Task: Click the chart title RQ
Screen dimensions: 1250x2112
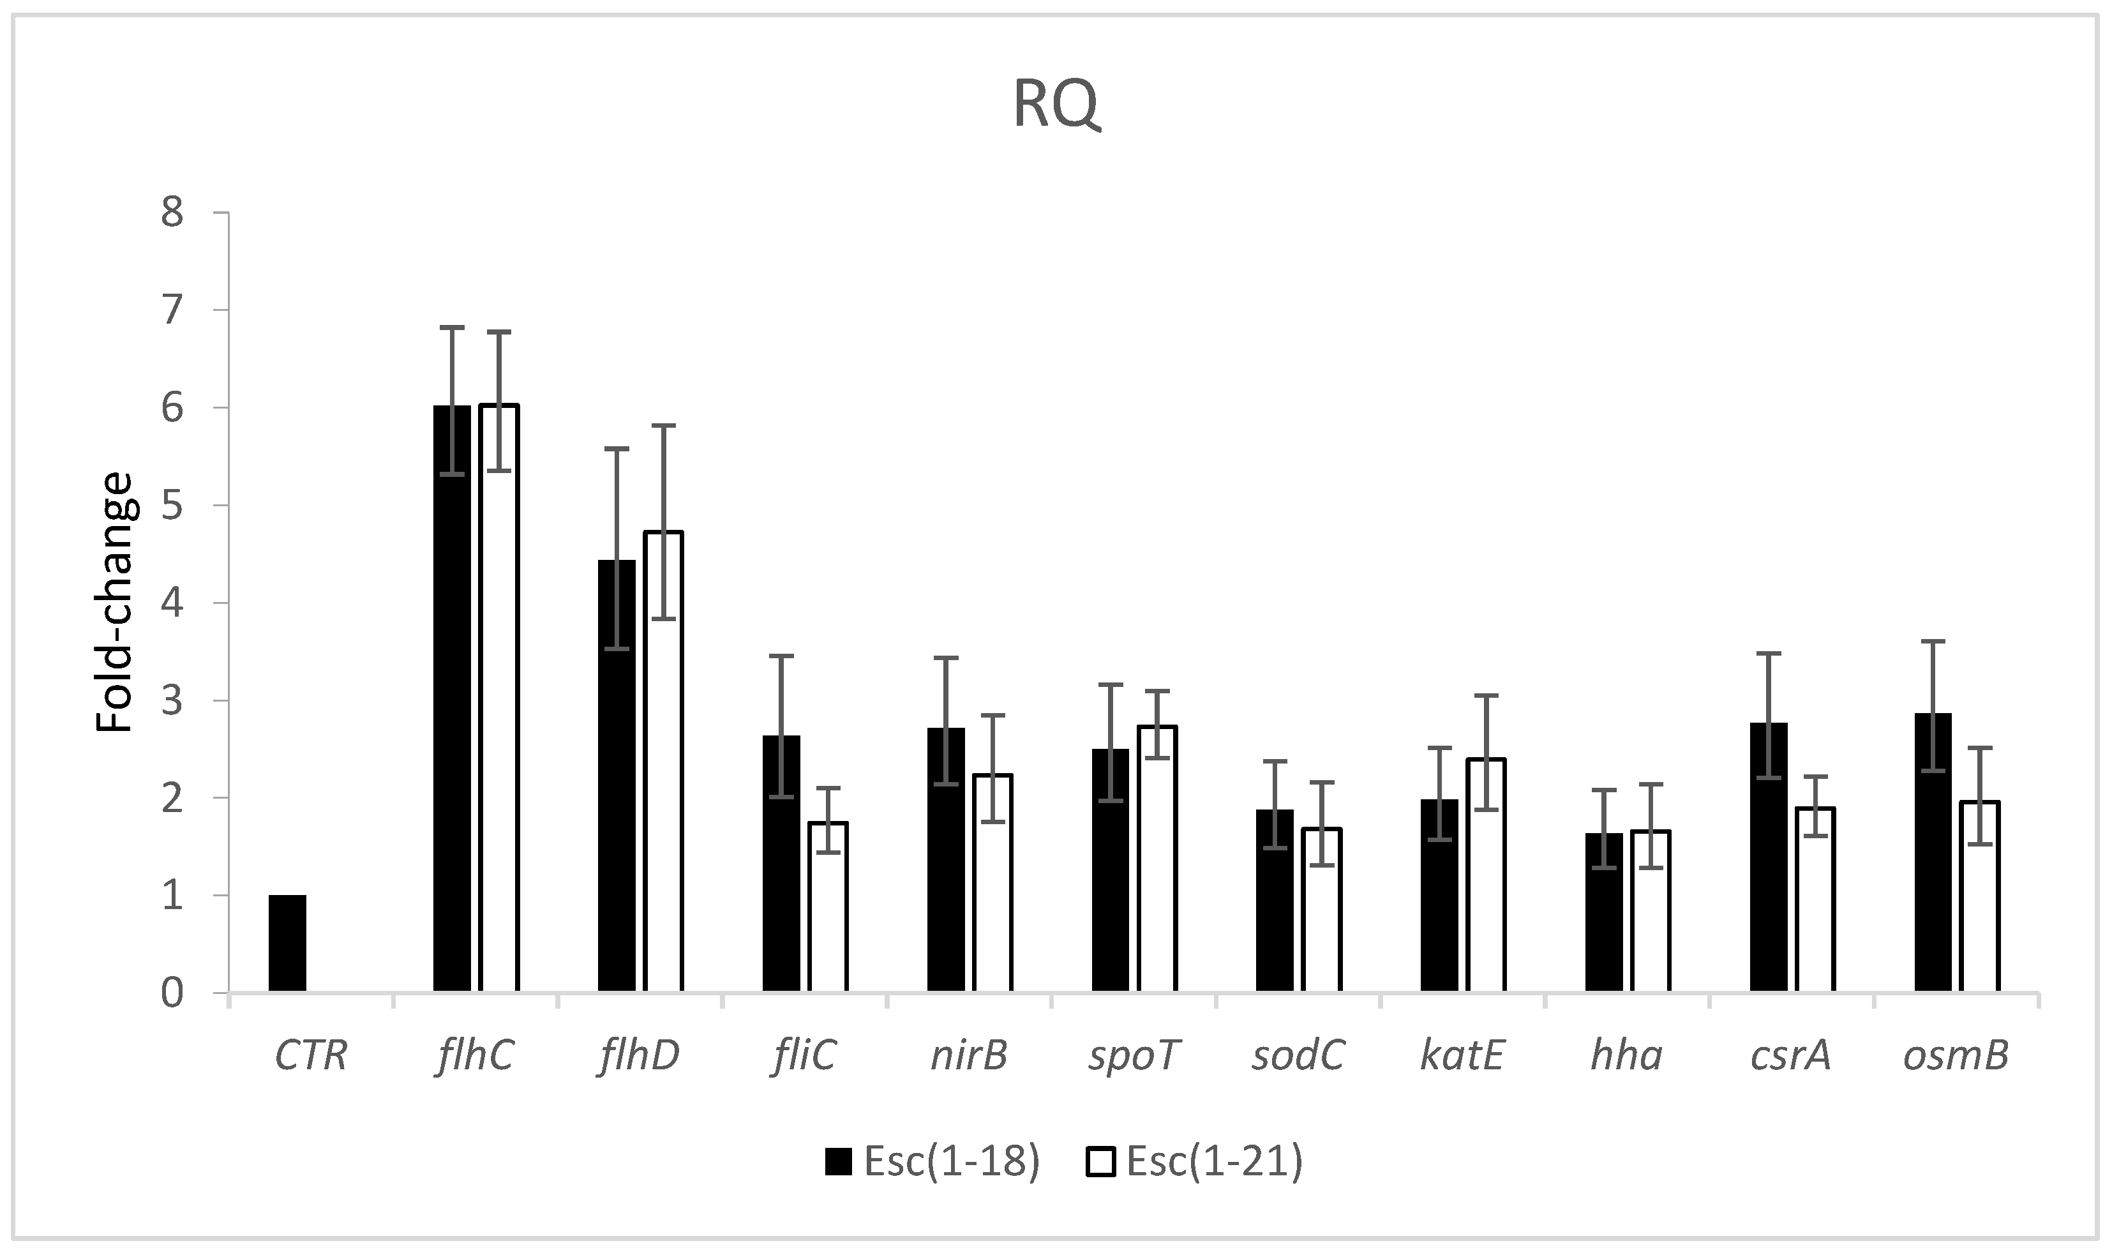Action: (x=1056, y=105)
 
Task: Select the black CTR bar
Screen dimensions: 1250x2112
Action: (x=287, y=944)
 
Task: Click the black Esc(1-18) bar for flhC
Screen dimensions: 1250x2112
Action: (x=453, y=699)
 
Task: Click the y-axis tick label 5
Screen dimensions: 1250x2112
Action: (x=172, y=506)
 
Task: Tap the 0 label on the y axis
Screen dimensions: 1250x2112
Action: (x=172, y=993)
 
